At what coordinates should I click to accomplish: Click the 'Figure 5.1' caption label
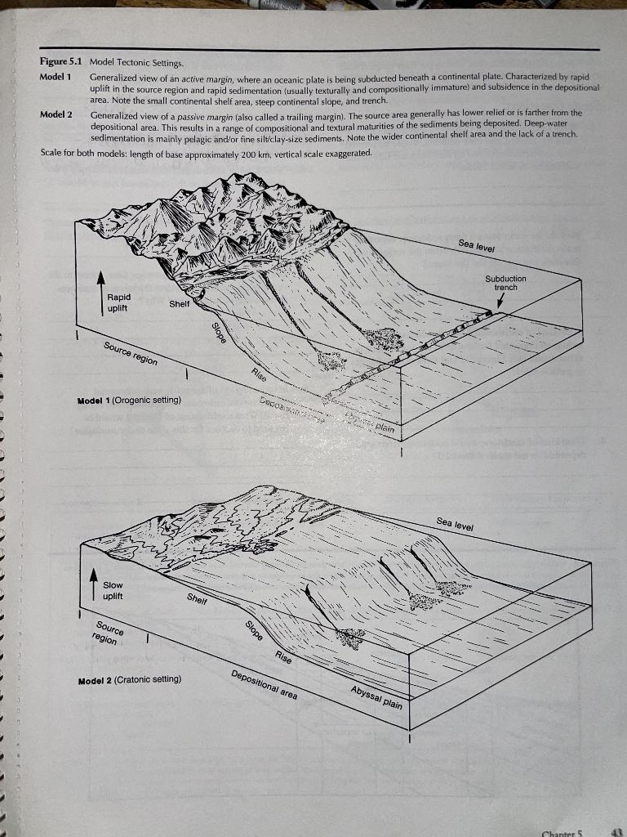pos(62,62)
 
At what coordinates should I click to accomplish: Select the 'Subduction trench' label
pos(506,283)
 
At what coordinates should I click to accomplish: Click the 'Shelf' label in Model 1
pos(180,303)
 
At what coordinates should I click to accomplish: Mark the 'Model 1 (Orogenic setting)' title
pos(128,401)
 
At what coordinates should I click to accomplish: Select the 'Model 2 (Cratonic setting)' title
pos(130,679)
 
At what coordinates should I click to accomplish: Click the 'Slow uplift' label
pos(113,590)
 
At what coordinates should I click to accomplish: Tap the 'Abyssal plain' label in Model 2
pos(376,698)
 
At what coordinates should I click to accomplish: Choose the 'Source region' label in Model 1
pos(131,354)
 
